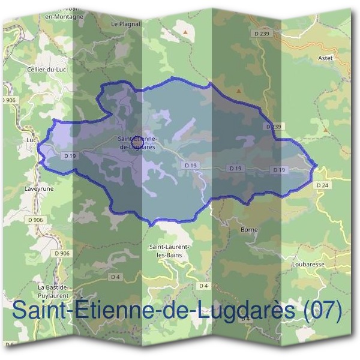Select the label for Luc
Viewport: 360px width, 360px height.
[32, 140]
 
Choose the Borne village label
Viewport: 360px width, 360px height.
[248, 230]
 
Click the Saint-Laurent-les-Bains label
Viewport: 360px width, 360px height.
[169, 251]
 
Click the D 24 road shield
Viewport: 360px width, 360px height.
[322, 185]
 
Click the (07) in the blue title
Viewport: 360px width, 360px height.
[323, 311]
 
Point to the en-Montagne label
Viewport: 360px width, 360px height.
[64, 17]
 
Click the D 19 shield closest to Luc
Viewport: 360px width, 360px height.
[70, 155]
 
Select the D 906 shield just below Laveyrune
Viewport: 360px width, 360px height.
[35, 220]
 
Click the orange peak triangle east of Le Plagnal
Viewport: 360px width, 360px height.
[187, 31]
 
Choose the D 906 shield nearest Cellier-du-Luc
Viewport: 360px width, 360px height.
[8, 100]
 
